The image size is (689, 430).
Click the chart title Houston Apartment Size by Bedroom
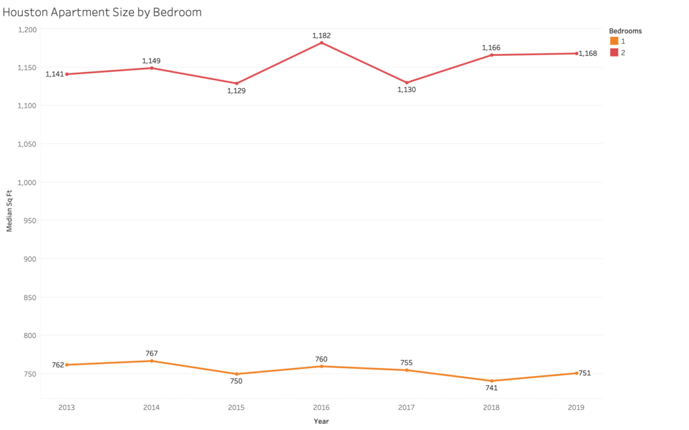[102, 12]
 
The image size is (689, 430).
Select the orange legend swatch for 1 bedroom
[614, 41]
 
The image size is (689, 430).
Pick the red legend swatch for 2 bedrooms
[614, 52]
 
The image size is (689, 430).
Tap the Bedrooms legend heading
[625, 31]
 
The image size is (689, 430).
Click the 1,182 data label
[322, 35]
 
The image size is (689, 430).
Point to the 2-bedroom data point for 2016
[322, 42]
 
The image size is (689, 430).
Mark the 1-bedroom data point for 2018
[492, 381]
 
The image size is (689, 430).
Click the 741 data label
[492, 388]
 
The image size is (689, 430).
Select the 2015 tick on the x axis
[236, 407]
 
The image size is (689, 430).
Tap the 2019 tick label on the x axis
[577, 407]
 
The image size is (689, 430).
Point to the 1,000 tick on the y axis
[28, 182]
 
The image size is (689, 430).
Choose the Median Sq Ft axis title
[9, 211]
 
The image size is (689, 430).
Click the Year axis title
[322, 421]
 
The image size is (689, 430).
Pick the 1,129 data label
[236, 91]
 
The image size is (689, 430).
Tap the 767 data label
[151, 353]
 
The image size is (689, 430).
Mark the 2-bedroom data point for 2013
[67, 74]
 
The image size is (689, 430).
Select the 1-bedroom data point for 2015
[236, 374]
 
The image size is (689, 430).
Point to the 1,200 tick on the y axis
[28, 29]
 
